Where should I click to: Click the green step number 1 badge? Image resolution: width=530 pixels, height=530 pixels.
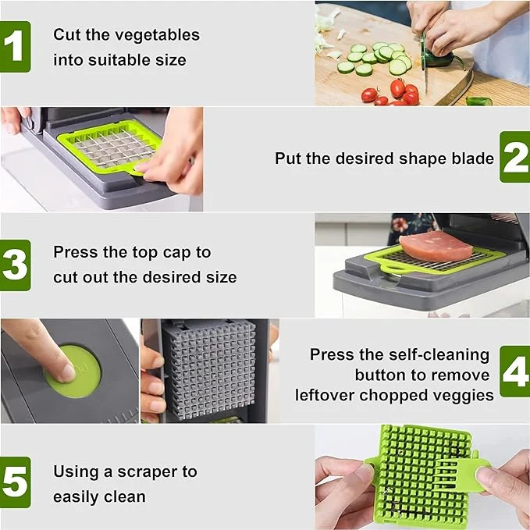pos(15,47)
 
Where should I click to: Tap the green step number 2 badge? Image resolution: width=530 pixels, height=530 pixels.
pos(514,157)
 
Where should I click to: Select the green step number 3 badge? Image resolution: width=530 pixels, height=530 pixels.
pos(15,265)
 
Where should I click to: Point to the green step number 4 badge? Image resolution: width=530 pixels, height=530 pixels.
pos(514,372)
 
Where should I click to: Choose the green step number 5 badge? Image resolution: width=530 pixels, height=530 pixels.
pos(15,482)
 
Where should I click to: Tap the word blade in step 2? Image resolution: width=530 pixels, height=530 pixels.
pos(473,158)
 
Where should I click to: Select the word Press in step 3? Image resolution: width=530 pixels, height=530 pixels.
pos(75,252)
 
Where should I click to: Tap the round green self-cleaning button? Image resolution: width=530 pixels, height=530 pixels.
pos(73,372)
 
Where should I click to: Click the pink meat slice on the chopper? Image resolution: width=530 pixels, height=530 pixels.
pos(436,246)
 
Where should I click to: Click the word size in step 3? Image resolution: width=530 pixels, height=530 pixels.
pos(220,277)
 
